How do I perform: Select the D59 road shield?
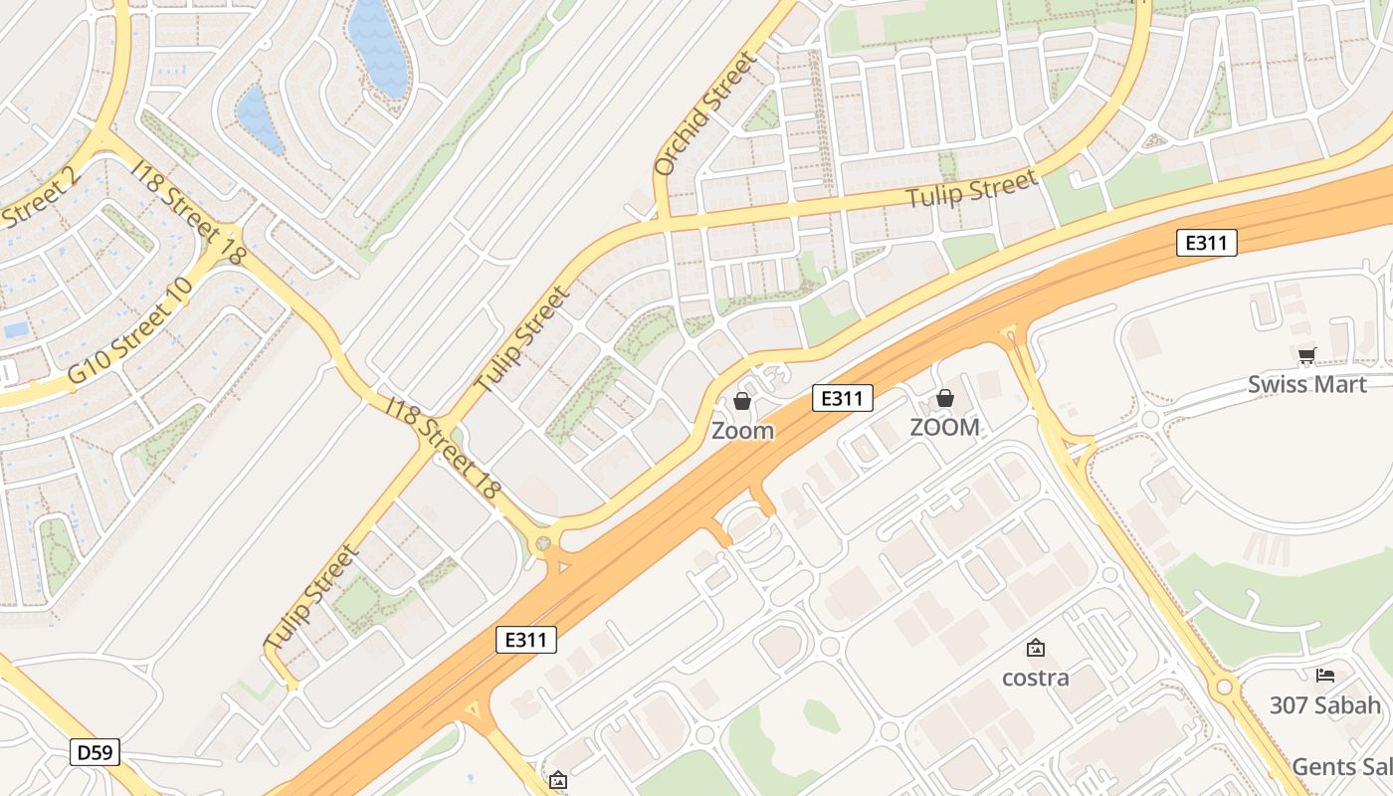click(96, 752)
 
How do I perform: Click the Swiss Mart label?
click(1306, 384)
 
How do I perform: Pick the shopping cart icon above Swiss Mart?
click(1306, 356)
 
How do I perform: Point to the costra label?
click(1035, 678)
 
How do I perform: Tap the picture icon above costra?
click(1035, 649)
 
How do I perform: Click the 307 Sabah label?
click(1324, 705)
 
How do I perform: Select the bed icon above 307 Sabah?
click(1324, 676)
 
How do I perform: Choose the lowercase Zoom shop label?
click(742, 431)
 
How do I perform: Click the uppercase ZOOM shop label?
click(944, 427)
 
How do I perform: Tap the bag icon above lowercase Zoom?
click(742, 401)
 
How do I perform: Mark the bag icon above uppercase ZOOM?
click(944, 398)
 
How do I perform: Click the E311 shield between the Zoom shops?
click(842, 398)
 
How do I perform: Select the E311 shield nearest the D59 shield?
click(525, 640)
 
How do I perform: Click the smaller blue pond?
click(259, 116)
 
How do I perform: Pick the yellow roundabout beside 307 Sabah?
click(1224, 687)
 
